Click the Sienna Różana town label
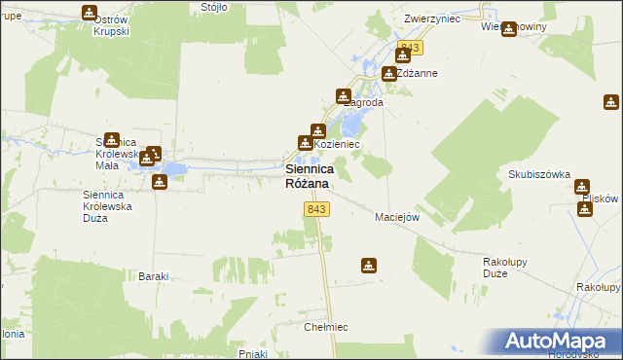pos(307,175)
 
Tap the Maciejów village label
pos(397,217)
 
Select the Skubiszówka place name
pos(538,174)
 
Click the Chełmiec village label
pos(326,327)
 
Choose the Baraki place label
pos(154,276)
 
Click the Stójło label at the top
pos(213,6)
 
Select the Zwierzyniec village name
pos(431,18)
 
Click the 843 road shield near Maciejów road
pos(315,210)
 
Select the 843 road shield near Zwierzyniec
pos(409,48)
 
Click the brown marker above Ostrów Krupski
pos(90,13)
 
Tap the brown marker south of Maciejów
pos(369,264)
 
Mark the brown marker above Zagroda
pos(343,95)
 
